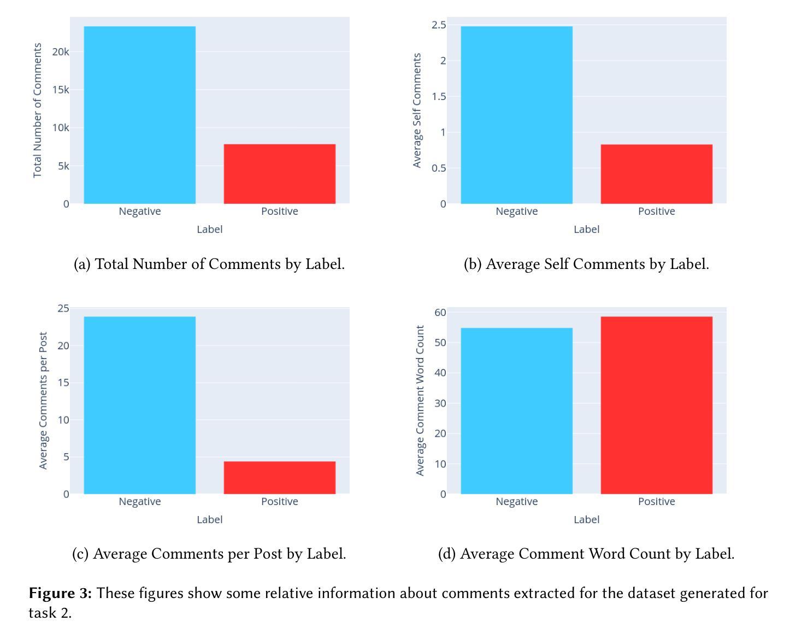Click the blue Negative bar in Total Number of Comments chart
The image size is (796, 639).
[139, 115]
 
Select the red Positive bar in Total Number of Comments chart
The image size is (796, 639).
[279, 174]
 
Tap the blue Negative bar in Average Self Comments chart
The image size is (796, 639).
[516, 115]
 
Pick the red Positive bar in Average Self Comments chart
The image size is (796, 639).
[656, 174]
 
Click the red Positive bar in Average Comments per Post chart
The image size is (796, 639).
[279, 478]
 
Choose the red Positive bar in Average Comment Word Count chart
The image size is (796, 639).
[656, 405]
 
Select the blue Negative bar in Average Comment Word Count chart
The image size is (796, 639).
[516, 411]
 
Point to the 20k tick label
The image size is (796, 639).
[61, 52]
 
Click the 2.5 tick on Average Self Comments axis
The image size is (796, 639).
[439, 25]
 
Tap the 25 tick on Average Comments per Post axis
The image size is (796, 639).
[63, 308]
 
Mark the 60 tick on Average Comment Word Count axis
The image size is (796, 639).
[440, 313]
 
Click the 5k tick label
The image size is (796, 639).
[63, 166]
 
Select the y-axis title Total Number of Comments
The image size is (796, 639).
[38, 110]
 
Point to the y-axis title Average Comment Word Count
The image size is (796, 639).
[420, 401]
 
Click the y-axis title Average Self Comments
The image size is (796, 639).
[417, 110]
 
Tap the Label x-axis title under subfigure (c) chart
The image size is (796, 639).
[209, 520]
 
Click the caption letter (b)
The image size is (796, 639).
[473, 265]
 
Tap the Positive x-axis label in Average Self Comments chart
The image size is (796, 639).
[656, 212]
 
